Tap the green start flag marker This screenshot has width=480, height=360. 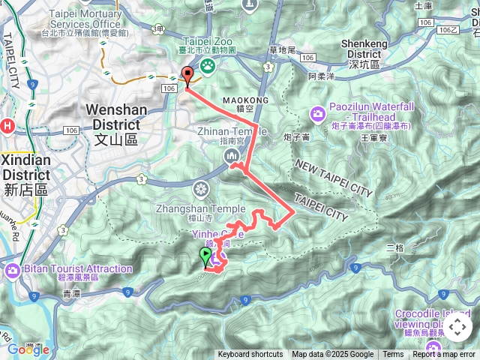(205, 257)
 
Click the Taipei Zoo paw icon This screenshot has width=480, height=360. (206, 67)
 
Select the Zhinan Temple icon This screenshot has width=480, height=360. (230, 155)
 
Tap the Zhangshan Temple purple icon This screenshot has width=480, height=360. (200, 187)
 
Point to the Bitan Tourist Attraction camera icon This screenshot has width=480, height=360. (12, 269)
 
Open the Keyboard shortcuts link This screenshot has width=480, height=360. (250, 355)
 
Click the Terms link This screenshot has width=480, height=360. (393, 355)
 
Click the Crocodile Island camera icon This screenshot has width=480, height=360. (433, 347)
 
